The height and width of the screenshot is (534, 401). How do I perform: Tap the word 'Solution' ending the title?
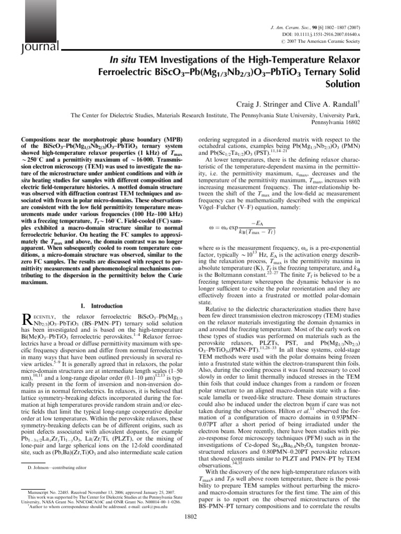344,83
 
